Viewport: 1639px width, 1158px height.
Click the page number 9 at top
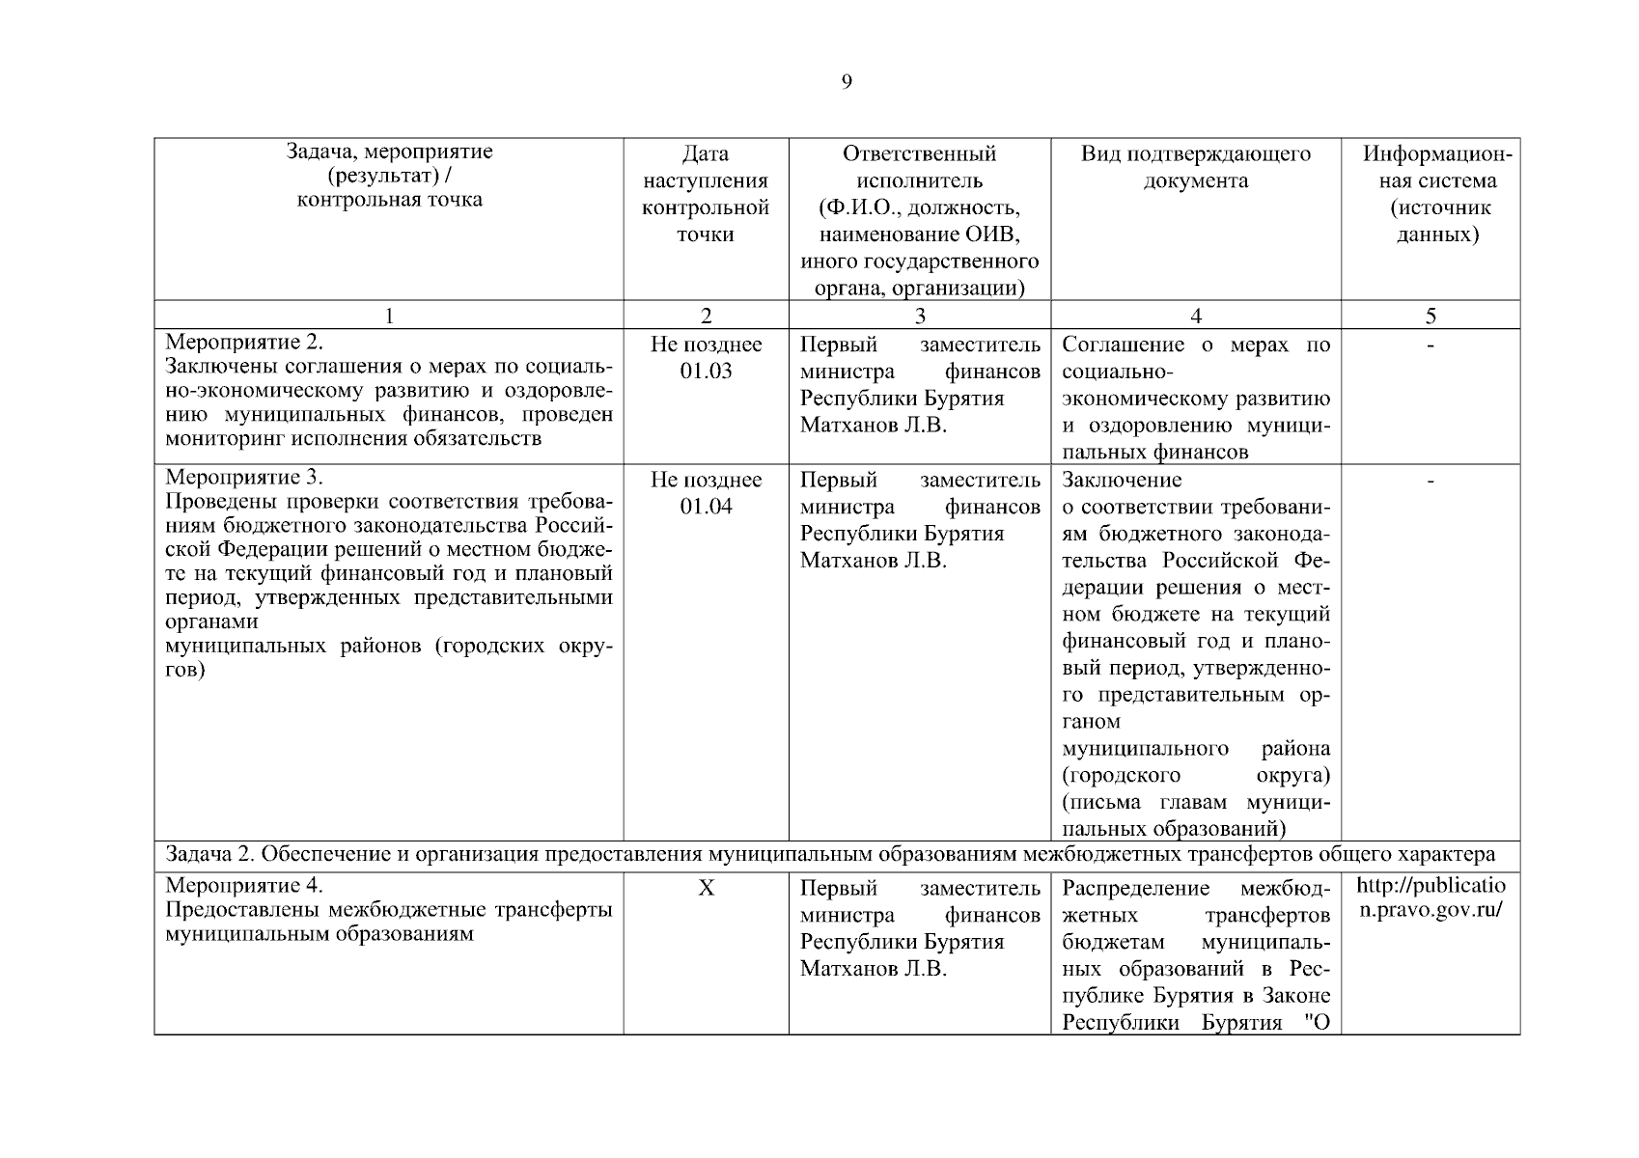coord(847,82)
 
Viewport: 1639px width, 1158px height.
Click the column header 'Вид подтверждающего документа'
coord(1195,167)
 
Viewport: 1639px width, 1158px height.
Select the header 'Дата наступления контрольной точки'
coord(706,194)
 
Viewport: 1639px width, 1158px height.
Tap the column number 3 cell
coord(919,316)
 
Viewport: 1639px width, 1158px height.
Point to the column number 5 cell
coord(1431,316)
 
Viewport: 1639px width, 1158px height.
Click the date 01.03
coord(706,372)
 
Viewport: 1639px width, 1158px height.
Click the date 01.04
coord(706,507)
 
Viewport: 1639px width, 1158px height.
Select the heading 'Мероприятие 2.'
coord(244,343)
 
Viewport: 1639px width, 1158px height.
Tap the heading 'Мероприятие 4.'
coord(244,885)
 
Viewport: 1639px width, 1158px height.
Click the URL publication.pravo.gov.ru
coord(1431,898)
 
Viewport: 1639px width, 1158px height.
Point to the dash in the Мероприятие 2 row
coord(1431,345)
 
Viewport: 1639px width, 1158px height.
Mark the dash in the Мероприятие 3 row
coord(1431,480)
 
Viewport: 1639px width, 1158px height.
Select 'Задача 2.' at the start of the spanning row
coord(209,854)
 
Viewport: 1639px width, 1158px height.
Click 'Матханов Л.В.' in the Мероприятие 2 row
coord(873,426)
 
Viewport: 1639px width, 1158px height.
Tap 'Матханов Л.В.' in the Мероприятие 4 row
coord(873,968)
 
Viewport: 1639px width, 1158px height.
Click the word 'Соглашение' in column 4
coord(1123,345)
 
